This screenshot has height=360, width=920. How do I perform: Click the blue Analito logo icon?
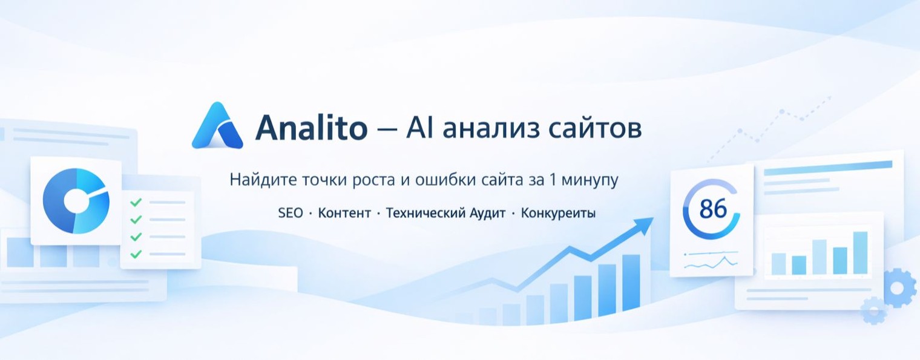tap(217, 126)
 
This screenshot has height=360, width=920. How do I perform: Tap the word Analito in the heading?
tap(311, 128)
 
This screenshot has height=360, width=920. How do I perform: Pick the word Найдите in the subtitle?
tap(256, 180)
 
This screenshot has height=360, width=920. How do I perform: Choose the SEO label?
tap(291, 213)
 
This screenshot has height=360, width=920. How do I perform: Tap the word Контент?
tap(344, 213)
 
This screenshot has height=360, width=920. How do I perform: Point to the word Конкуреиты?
tap(558, 213)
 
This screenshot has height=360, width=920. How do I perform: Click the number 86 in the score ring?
tap(712, 209)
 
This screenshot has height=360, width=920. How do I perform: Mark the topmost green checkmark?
tap(136, 202)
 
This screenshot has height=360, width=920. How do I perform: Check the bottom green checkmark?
tap(136, 254)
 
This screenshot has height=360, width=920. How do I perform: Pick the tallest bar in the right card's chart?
tap(860, 253)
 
